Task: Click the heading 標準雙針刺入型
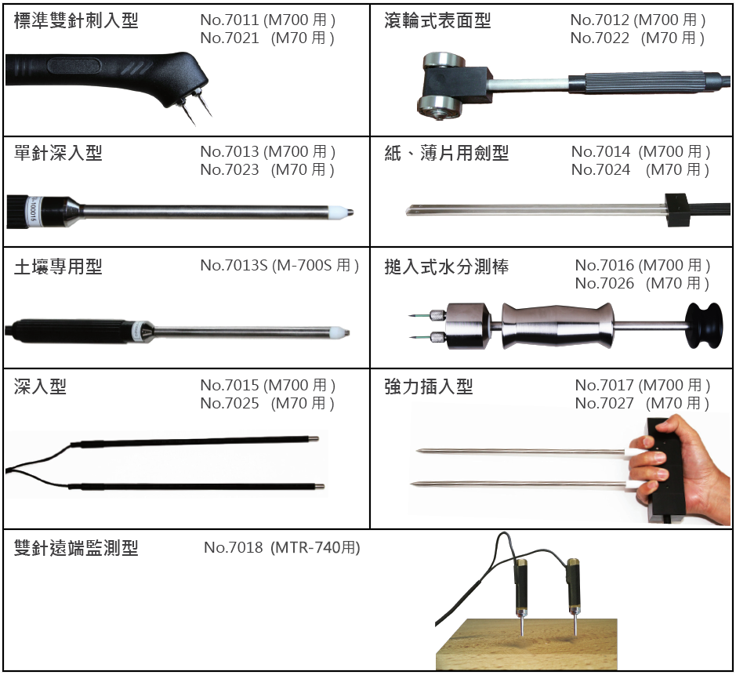click(76, 20)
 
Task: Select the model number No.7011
click(230, 20)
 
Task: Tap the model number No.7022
click(600, 38)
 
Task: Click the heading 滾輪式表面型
click(437, 20)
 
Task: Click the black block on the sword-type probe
click(677, 210)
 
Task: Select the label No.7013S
click(234, 265)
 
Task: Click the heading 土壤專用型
click(58, 267)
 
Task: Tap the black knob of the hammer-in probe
click(703, 325)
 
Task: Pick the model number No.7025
click(230, 403)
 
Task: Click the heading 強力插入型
click(429, 386)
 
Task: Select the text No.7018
click(234, 547)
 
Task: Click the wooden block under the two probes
click(527, 644)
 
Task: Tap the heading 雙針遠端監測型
click(76, 548)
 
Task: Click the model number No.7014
click(601, 151)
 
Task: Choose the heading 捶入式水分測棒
click(447, 267)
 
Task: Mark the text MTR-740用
click(315, 547)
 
